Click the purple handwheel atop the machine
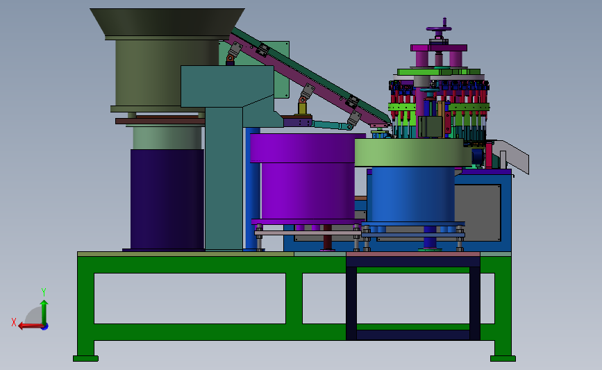tap(439, 28)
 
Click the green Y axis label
tap(44, 292)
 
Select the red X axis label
tap(14, 322)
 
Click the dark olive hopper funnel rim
tap(167, 24)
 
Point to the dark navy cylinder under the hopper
tap(167, 200)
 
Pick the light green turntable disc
tap(412, 153)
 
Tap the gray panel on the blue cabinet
tap(477, 212)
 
